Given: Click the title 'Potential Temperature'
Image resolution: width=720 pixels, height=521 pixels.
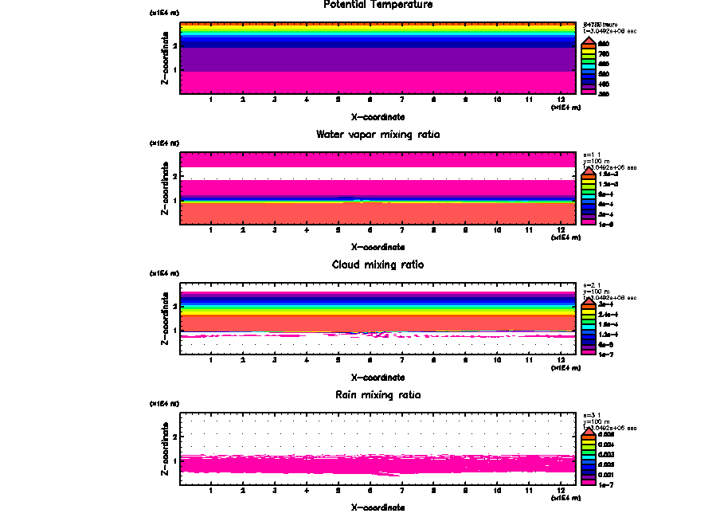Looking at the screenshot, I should pyautogui.click(x=378, y=5).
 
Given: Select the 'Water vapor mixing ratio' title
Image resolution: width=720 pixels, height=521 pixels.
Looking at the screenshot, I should pyautogui.click(x=378, y=134).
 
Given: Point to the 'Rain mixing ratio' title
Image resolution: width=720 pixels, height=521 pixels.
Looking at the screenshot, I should pyautogui.click(x=378, y=394).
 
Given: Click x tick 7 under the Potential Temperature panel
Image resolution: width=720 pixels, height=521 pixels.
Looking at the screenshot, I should pyautogui.click(x=401, y=100).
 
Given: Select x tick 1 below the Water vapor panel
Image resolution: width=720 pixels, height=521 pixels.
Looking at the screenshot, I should pyautogui.click(x=211, y=230).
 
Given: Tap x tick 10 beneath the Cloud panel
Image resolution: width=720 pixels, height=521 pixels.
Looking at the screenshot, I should pyautogui.click(x=498, y=361).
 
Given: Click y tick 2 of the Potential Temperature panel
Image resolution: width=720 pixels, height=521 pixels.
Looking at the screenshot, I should pyautogui.click(x=174, y=46).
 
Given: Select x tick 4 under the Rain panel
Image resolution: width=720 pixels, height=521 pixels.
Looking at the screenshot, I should pyautogui.click(x=307, y=491).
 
